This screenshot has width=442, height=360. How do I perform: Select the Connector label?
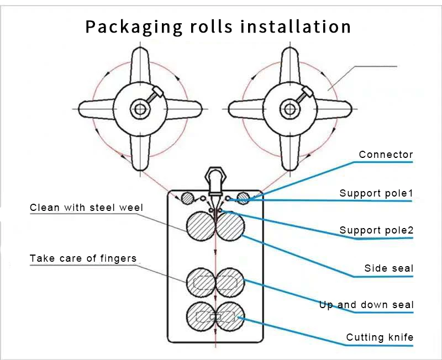[x=386, y=155]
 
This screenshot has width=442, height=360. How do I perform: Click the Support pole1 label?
[x=376, y=193]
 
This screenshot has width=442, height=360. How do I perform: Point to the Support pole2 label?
[x=376, y=230]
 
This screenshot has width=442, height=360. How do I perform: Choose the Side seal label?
[x=388, y=268]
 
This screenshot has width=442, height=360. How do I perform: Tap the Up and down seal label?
[x=366, y=305]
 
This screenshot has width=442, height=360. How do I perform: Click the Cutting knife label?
[x=380, y=337]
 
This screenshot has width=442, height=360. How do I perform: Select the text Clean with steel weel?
[x=86, y=208]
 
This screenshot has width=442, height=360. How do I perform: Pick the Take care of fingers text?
[x=83, y=258]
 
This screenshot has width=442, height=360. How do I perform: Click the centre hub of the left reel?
[x=140, y=109]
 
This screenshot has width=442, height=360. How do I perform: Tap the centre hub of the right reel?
[x=290, y=109]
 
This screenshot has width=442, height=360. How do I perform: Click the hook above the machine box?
[x=214, y=179]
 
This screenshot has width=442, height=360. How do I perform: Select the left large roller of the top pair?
[x=201, y=227]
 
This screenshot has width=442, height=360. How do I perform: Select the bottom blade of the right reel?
[x=290, y=151]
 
